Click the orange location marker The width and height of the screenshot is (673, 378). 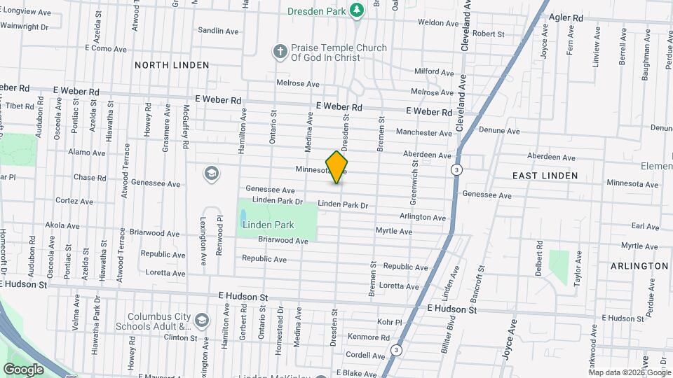[x=337, y=167]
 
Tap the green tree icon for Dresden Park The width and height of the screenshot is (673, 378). [x=358, y=9]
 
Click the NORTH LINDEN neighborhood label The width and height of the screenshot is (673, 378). [x=172, y=65]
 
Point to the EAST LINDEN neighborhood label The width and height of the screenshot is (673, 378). [x=545, y=176]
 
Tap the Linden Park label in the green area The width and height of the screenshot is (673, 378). [x=268, y=225]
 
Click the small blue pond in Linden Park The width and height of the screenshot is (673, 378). [x=243, y=215]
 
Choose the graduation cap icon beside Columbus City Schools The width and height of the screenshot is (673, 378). [x=202, y=320]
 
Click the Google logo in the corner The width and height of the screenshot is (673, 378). [x=23, y=369]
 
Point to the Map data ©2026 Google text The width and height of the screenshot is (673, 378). [x=629, y=372]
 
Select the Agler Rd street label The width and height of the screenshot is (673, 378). [x=566, y=17]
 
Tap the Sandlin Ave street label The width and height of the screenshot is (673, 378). [x=215, y=31]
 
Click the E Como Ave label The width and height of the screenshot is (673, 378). [x=106, y=48]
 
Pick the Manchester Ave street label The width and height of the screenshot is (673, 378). [x=424, y=132]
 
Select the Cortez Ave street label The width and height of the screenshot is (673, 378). [x=74, y=202]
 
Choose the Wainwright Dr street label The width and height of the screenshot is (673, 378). [x=24, y=27]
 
